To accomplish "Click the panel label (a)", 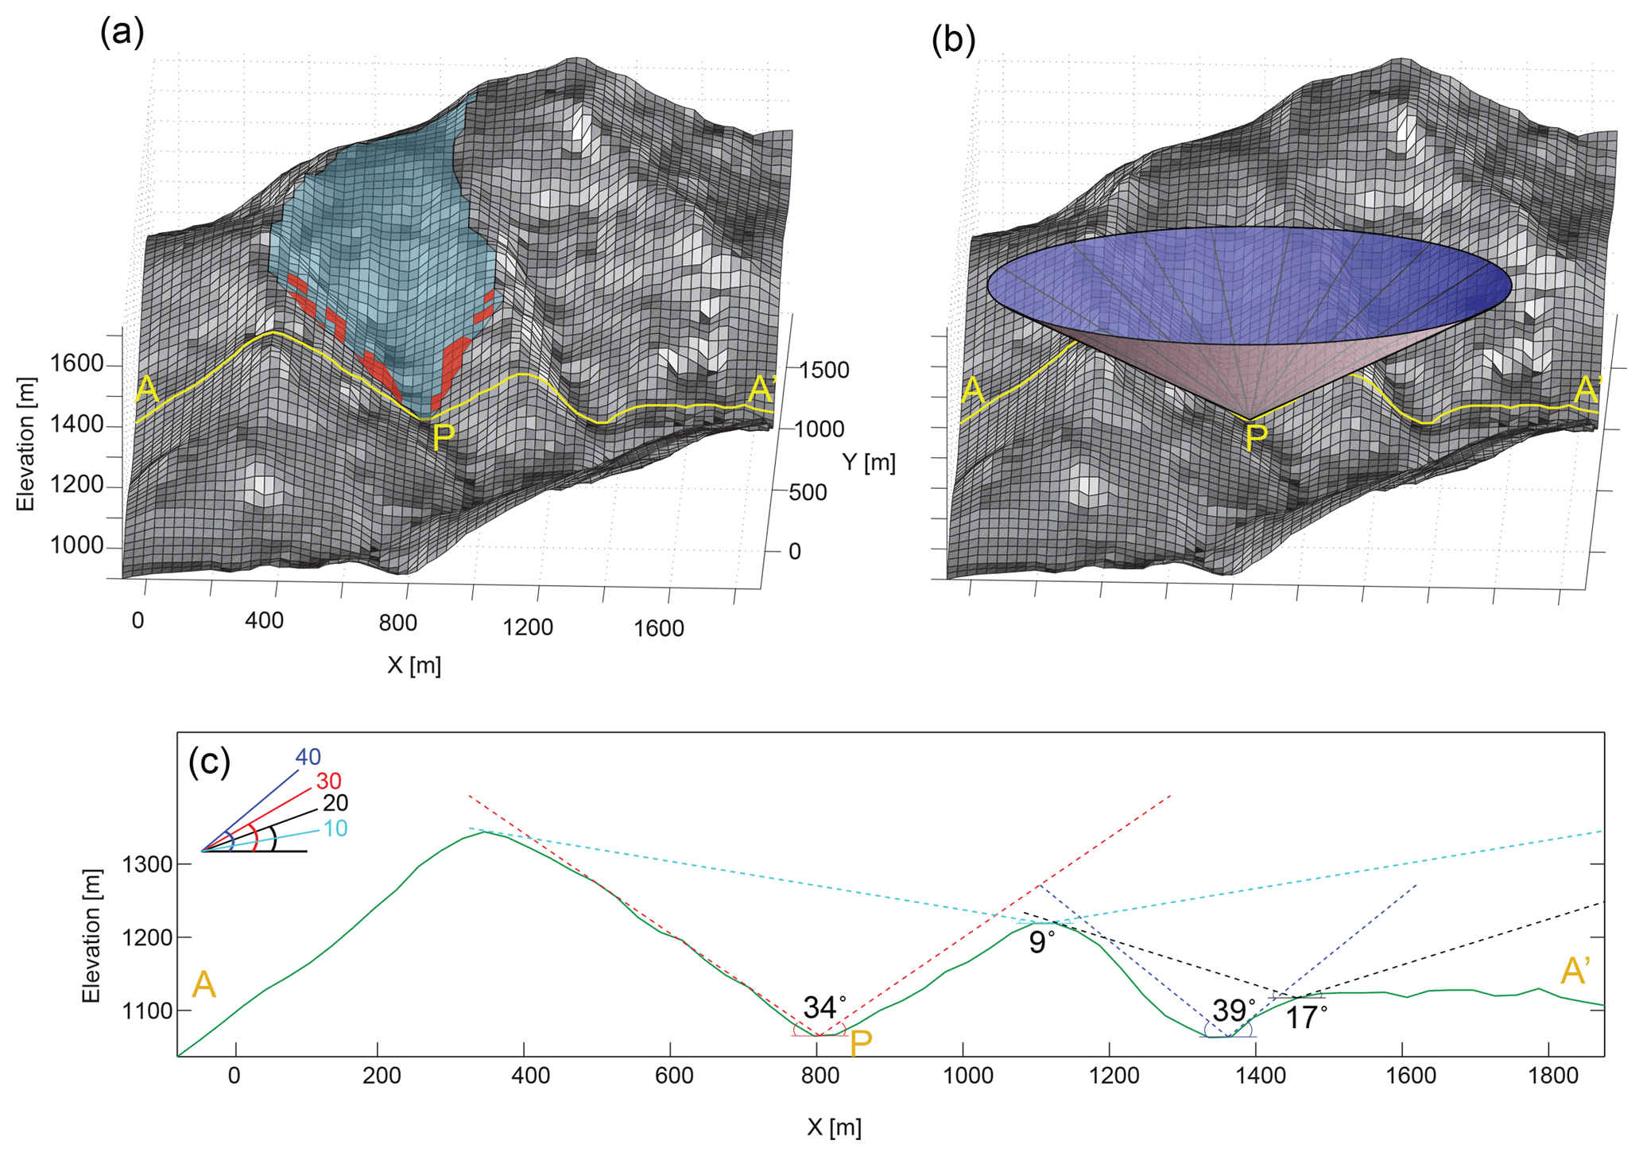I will click(x=122, y=33).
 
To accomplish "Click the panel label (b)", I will click(x=952, y=40).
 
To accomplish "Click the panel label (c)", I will click(x=209, y=762).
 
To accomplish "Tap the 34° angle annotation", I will click(x=823, y=1007).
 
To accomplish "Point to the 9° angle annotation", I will click(x=1041, y=942).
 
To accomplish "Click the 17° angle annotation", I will click(x=1305, y=1018).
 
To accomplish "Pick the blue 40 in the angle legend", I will click(x=308, y=757).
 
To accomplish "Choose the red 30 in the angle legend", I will click(x=328, y=781).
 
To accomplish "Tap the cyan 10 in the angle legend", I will click(x=335, y=828).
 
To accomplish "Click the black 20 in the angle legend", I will click(x=335, y=803).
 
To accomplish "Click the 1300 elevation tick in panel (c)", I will click(x=147, y=864).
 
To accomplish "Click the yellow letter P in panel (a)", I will click(x=443, y=436).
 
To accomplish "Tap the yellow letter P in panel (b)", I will click(x=1256, y=436).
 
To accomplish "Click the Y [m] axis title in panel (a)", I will click(x=869, y=462).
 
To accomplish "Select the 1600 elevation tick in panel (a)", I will click(x=77, y=363).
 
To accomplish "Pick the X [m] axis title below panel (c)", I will click(x=834, y=1127).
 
